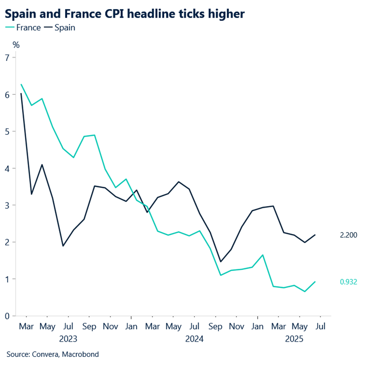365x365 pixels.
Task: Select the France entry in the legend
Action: point(26,27)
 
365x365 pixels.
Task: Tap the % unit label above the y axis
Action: point(16,45)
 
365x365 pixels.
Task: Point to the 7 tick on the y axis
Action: point(7,57)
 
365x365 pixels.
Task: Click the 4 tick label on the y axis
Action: point(7,168)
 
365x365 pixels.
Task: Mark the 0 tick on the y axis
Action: point(7,316)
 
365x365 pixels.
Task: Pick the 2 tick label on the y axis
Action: point(7,242)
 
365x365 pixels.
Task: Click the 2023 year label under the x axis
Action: point(68,339)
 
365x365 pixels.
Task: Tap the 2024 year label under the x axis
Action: point(194,339)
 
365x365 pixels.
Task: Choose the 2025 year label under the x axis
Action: point(294,339)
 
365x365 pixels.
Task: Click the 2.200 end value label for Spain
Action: point(349,235)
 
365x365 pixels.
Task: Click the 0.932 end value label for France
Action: point(349,282)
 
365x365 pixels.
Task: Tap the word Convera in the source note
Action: point(43,355)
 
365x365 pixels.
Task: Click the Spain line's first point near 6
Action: point(21,93)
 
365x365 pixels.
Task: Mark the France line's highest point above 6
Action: point(21,85)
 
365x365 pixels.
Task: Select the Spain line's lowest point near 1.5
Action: point(221,262)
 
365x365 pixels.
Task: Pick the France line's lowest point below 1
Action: point(305,291)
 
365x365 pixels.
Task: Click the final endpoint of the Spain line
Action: point(315,235)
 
